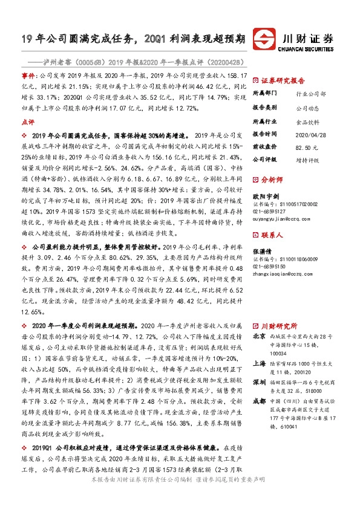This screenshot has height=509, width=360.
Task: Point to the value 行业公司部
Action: pyautogui.click(x=308, y=94)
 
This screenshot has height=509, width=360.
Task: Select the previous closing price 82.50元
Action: pyautogui.click(x=305, y=147)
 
